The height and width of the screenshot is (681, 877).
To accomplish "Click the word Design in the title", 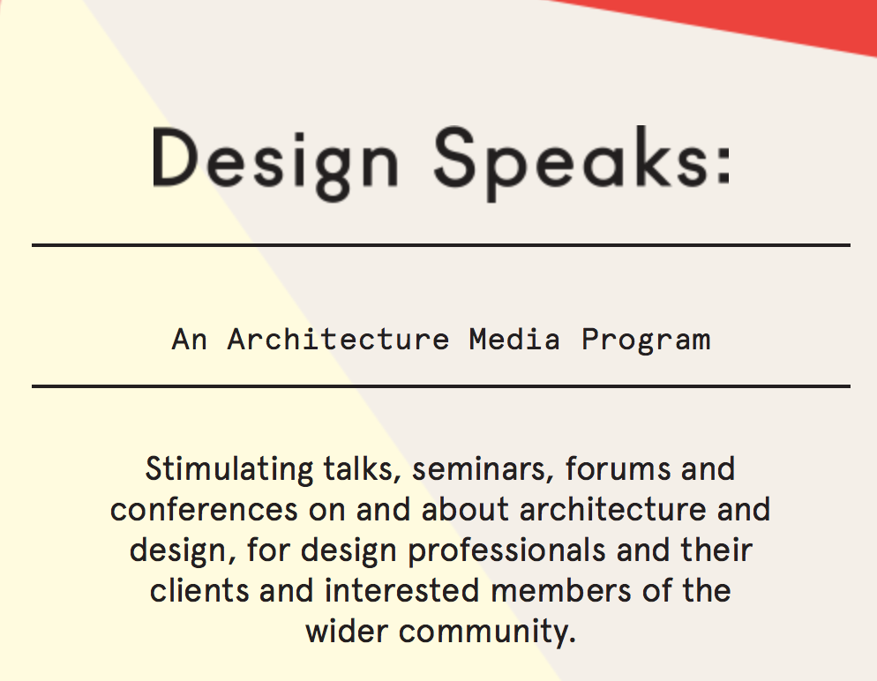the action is coord(275,161).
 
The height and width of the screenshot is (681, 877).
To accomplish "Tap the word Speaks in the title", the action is coord(572,161).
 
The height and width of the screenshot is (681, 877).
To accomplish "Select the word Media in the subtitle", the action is coord(514,340).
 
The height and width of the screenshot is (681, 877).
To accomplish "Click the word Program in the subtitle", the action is coord(646,340).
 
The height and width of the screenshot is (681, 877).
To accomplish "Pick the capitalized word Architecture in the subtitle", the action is coord(339,340).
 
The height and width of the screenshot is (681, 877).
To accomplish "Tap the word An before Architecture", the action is coord(189,340).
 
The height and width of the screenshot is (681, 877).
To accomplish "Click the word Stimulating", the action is coord(229,469).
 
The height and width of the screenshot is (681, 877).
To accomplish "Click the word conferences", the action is coord(204,509).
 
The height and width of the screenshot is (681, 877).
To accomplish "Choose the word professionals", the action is coord(506,550).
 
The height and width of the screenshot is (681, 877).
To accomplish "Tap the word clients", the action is coord(199,591).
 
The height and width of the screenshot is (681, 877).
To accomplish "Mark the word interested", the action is coord(401,591).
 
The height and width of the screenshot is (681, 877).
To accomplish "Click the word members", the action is coord(561,591).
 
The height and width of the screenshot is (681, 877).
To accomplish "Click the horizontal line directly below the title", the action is coord(441,245).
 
